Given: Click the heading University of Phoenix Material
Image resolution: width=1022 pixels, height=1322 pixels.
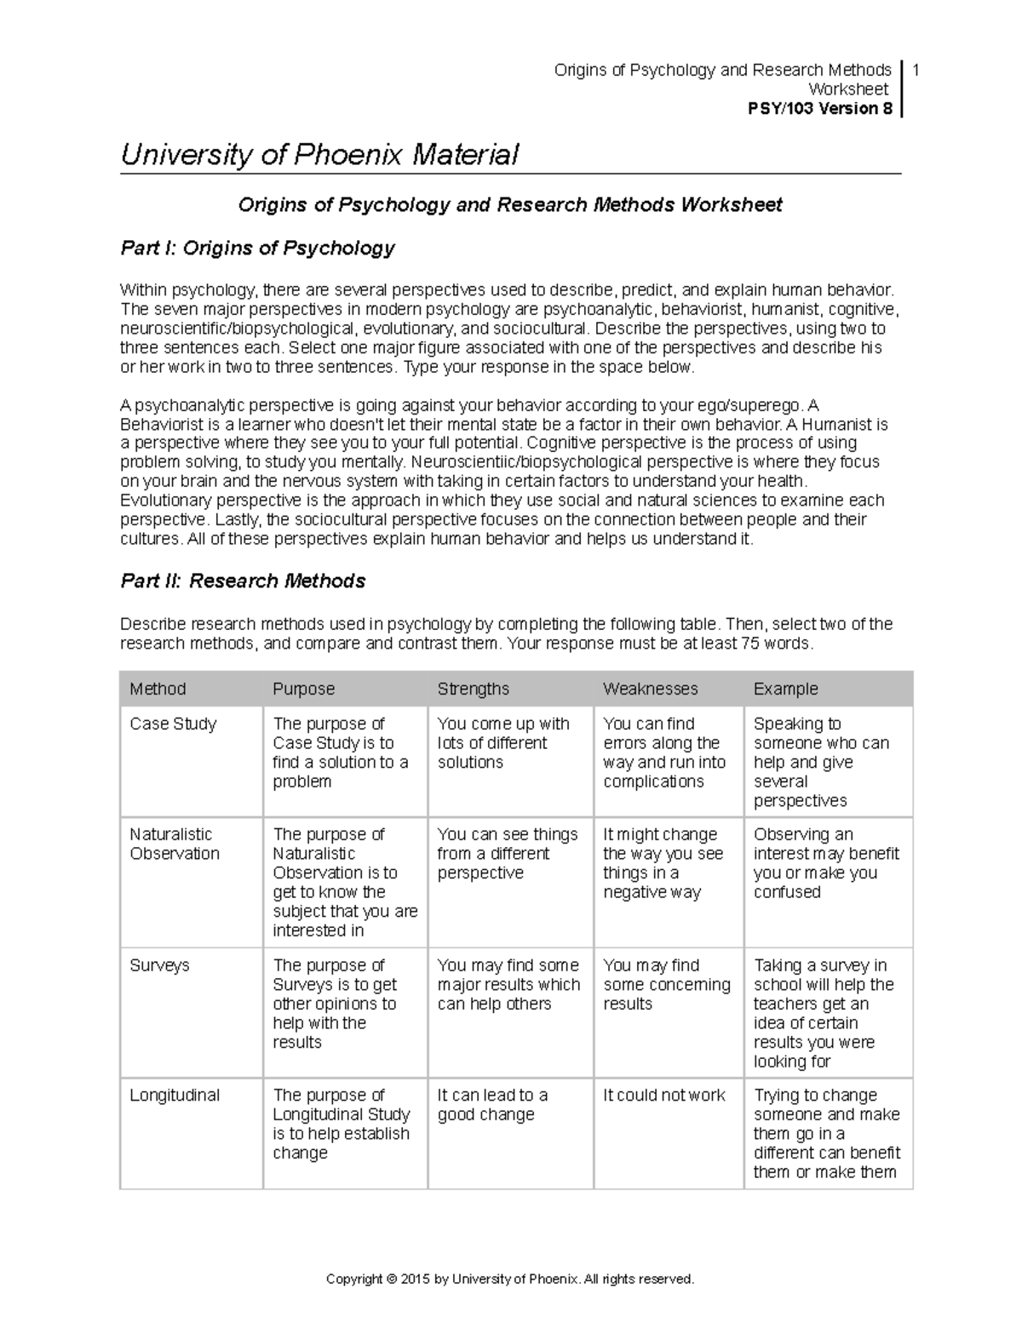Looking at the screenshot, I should (x=319, y=155).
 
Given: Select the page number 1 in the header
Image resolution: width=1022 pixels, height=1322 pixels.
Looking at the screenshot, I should (x=916, y=70).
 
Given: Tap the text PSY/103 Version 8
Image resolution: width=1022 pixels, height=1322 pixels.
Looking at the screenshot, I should (x=819, y=108).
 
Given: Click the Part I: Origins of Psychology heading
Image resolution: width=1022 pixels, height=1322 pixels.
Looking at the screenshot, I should (x=257, y=248).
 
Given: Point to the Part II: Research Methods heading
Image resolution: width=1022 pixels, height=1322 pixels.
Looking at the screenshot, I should (x=243, y=581).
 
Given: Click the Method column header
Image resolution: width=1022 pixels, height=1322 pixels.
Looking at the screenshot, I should (x=158, y=689).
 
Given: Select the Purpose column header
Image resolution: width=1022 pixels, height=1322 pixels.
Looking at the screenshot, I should (x=303, y=689).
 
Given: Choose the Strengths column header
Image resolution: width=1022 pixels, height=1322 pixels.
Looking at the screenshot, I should (x=473, y=689).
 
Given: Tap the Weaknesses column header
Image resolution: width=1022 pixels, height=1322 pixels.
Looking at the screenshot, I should (x=650, y=689).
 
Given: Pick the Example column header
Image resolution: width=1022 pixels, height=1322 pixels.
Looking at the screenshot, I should (x=785, y=689).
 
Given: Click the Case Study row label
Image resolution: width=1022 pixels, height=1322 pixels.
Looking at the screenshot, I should (x=173, y=724).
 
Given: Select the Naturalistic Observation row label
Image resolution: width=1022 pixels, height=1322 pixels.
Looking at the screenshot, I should (x=174, y=844).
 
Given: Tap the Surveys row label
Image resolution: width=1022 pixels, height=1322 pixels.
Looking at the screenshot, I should (x=159, y=965).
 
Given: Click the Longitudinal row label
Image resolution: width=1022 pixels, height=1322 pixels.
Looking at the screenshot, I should (x=175, y=1096).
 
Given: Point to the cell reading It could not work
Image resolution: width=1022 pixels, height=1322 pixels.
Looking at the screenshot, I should (x=664, y=1096).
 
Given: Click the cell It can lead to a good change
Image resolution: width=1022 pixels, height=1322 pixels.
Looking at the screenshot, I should (x=491, y=1105).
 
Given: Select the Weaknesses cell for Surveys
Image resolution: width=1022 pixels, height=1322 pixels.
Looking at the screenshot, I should (x=666, y=985).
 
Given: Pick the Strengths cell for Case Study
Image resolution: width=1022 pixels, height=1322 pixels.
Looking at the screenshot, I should (x=502, y=743).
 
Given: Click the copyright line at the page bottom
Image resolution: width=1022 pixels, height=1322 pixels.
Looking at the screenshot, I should (x=510, y=1279).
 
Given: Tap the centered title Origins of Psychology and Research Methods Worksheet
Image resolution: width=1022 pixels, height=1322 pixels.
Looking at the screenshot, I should (x=509, y=205).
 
